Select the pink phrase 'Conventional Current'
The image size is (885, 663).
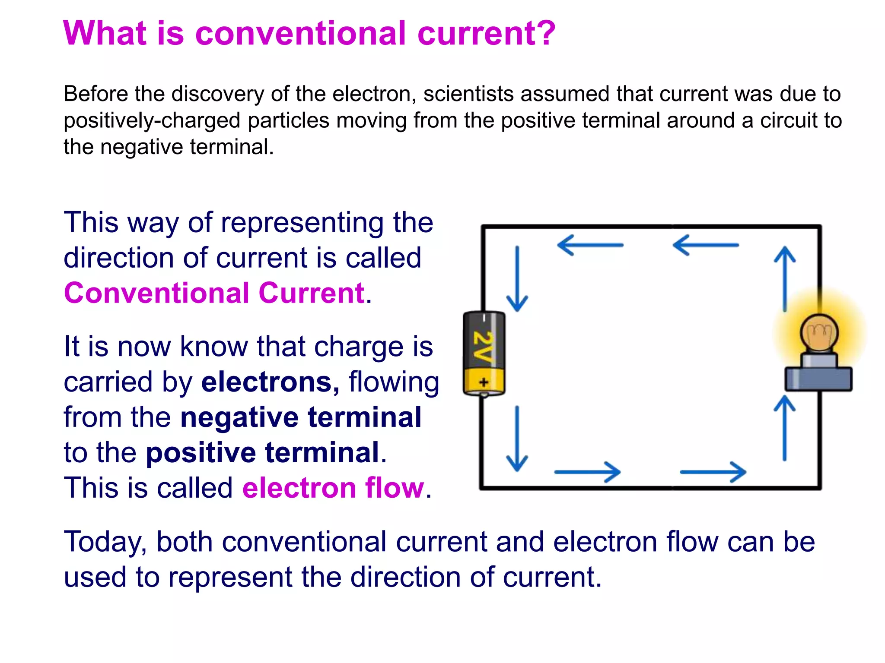[214, 293]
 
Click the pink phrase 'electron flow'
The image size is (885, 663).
[333, 488]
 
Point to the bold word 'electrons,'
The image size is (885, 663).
[271, 382]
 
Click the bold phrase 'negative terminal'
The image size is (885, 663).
[301, 417]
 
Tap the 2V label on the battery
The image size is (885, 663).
[483, 346]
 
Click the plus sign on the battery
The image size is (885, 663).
[484, 382]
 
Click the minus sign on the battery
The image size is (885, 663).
[484, 318]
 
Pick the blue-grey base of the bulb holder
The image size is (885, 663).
[818, 379]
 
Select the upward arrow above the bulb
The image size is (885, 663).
[784, 278]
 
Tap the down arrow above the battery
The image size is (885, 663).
[517, 278]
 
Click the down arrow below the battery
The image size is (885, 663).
[517, 438]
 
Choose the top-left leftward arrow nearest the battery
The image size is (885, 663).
[590, 245]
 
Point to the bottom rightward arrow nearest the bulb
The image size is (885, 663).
[713, 472]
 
